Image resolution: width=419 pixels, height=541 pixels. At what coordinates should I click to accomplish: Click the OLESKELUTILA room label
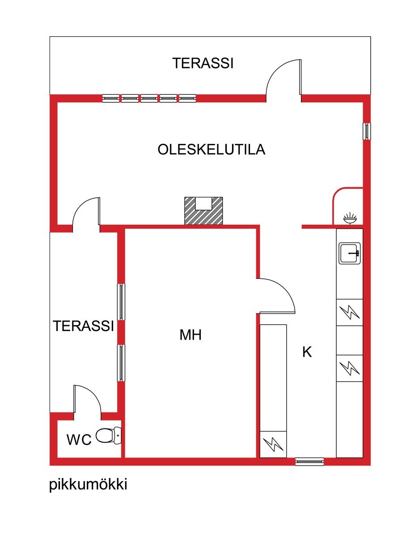(x=211, y=150)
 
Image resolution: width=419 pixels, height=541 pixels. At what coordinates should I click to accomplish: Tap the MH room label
(x=190, y=335)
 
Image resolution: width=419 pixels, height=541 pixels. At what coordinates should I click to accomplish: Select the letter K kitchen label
(x=307, y=352)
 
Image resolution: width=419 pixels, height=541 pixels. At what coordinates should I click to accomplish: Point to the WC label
(x=79, y=440)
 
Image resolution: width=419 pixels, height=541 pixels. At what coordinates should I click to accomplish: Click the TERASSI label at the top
(x=203, y=63)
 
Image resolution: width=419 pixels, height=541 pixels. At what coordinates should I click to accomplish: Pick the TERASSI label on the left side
(x=84, y=326)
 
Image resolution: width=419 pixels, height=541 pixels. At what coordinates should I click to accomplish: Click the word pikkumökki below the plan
(x=88, y=485)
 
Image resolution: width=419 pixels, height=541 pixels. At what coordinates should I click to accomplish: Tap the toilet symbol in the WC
(x=109, y=435)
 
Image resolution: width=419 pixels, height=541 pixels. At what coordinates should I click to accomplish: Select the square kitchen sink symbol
(x=350, y=253)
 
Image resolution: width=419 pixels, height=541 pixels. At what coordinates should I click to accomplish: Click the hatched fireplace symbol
(x=203, y=210)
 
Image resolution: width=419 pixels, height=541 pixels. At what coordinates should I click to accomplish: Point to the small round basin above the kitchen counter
(x=350, y=218)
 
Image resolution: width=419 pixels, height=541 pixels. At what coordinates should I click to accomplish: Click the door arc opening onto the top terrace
(x=284, y=78)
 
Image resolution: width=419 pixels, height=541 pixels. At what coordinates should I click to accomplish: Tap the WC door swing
(x=87, y=399)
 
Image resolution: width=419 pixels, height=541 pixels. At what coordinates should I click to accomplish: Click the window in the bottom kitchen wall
(x=309, y=461)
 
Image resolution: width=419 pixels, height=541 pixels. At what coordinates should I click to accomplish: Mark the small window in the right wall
(x=367, y=130)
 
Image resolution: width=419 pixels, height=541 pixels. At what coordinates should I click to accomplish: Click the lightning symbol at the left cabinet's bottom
(x=273, y=444)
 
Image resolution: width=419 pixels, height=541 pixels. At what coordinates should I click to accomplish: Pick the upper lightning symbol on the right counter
(x=349, y=312)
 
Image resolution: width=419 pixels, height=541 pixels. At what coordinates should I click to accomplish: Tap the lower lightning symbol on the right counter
(x=349, y=368)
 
